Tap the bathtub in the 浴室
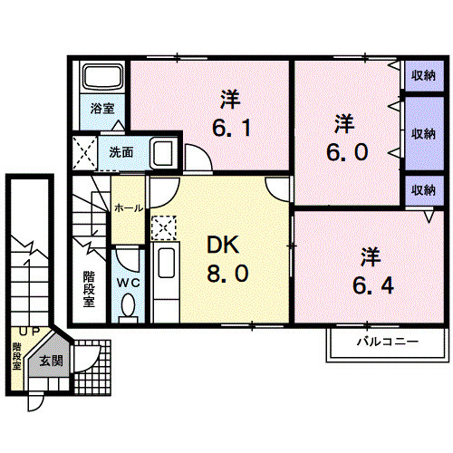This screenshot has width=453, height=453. (x=101, y=80)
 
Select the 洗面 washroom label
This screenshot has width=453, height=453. (x=121, y=151)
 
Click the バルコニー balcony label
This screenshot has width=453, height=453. (x=385, y=343)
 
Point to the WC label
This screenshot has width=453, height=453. (x=126, y=282)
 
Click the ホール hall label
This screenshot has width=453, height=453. (x=127, y=208)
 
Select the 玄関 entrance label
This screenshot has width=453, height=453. (x=50, y=361)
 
